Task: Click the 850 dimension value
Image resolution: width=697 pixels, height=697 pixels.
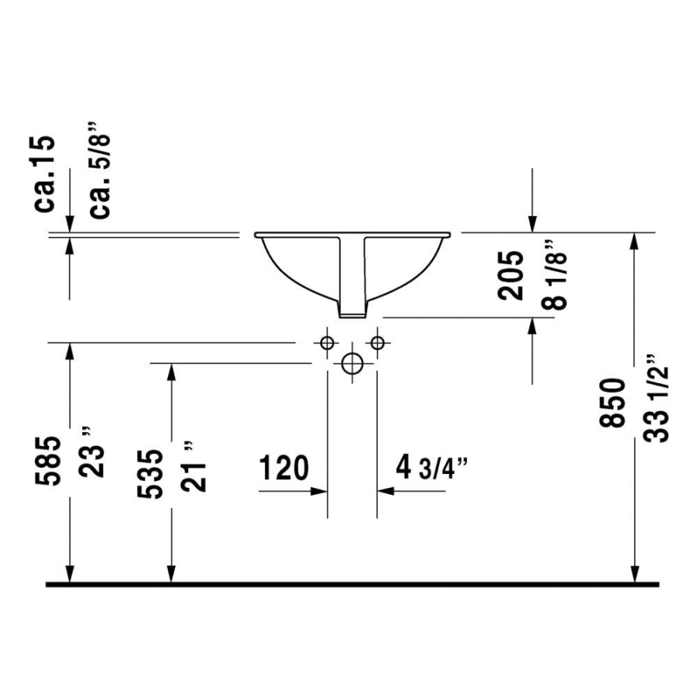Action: click(612, 403)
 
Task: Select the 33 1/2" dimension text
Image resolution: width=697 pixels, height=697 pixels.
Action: click(657, 399)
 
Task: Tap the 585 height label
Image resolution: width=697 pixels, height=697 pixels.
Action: click(47, 461)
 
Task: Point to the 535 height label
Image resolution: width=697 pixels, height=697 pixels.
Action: click(149, 474)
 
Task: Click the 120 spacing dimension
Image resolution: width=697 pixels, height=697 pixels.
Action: click(283, 468)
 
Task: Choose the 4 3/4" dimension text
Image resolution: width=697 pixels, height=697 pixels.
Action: click(431, 468)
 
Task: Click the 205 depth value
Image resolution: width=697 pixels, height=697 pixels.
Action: click(510, 275)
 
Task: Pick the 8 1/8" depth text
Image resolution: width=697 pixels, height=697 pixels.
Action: click(555, 276)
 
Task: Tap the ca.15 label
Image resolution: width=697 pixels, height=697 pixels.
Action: click(45, 174)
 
